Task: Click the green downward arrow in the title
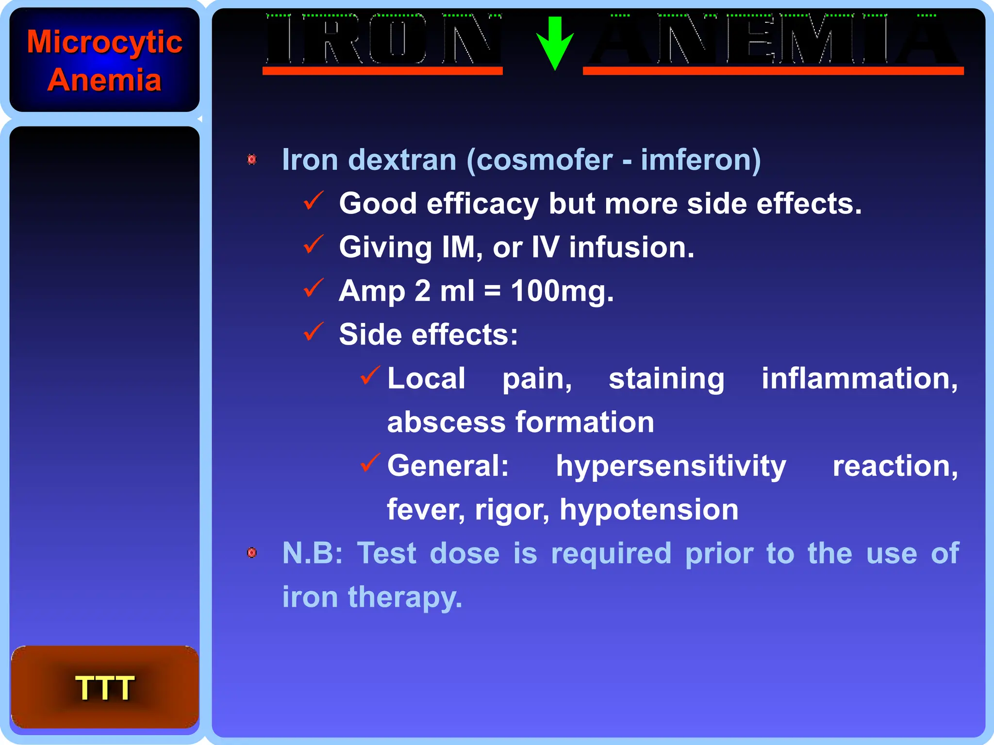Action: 555,43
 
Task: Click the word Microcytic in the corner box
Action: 104,42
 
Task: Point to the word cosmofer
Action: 544,160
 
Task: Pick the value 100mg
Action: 562,292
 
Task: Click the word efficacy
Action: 482,204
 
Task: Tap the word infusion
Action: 631,247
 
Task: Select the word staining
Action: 666,379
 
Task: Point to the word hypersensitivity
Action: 671,467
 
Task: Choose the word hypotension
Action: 649,510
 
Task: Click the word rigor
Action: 512,510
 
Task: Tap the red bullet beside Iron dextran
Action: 252,159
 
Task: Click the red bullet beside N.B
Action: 252,552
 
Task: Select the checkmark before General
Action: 370,463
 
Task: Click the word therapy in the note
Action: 405,597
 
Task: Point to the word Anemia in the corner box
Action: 104,80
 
